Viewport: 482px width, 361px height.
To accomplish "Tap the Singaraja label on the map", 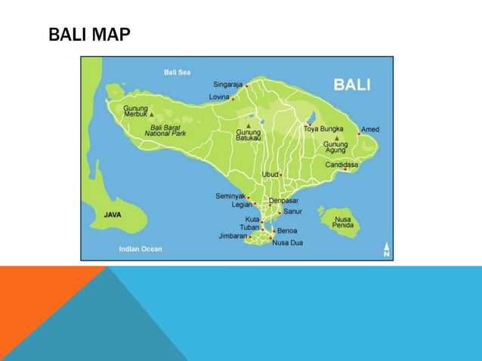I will (227, 85).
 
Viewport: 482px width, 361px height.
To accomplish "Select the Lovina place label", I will (219, 97).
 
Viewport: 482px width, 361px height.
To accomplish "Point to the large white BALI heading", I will (352, 85).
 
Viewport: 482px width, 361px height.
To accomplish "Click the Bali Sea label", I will (178, 73).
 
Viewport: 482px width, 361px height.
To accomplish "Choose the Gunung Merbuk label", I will (136, 111).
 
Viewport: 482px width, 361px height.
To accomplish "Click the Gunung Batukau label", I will (249, 136).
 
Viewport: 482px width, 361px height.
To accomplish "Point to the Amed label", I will (369, 130).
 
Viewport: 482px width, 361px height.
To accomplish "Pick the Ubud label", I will (270, 174).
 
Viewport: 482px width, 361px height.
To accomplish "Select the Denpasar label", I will (283, 201).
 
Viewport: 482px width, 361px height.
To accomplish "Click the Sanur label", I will (292, 212).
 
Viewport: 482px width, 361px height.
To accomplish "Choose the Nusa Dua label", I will (287, 242).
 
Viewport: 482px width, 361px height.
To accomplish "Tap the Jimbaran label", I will (233, 236).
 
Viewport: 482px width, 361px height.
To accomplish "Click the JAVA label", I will (113, 214).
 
